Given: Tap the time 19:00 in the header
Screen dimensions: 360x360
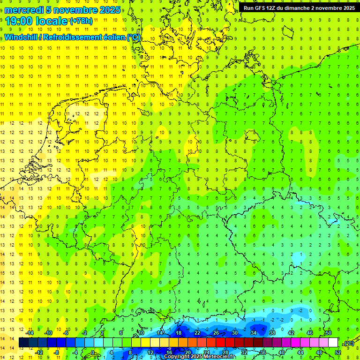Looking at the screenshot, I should (21, 21).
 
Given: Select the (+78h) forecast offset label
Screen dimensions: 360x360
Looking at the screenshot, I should (81, 21).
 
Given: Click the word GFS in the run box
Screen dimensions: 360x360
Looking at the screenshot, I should (259, 8).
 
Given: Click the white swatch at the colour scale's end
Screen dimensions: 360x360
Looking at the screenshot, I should (333, 342).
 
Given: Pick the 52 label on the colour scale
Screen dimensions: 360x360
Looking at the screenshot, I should (338, 352).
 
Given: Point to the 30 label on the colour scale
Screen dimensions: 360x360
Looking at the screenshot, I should (234, 332).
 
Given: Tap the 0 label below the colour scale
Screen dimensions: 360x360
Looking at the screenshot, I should (93, 352).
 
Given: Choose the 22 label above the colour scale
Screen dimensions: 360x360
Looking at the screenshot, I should (197, 332).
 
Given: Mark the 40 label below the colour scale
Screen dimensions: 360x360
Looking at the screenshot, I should (281, 352).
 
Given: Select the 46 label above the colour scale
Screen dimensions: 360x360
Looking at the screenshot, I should (309, 332).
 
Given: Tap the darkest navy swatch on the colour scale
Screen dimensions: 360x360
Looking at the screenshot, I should (23, 342).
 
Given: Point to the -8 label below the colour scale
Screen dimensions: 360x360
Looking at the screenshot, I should (57, 352).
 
